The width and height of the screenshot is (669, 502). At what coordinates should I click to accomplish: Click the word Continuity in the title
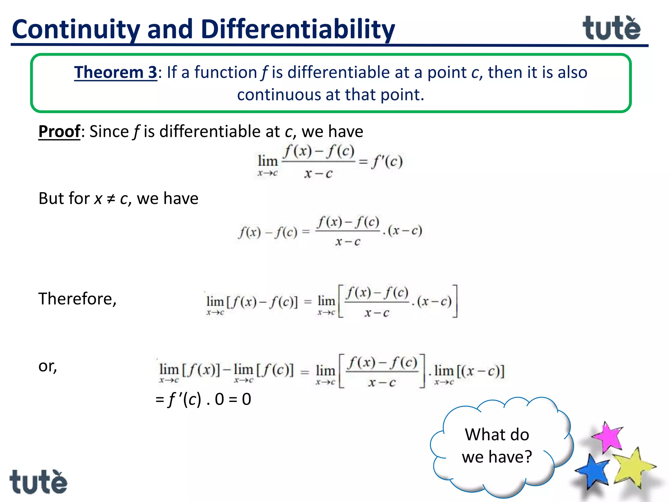coord(76,29)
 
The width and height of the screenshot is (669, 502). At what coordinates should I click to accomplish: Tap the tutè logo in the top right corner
coord(611,28)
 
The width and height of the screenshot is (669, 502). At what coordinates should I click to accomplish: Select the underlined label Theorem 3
coord(116,72)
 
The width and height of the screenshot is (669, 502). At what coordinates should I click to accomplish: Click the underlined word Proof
coord(59,131)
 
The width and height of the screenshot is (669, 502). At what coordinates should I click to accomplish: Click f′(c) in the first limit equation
coord(387,161)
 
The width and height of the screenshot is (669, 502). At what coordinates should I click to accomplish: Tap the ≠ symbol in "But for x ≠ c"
coord(111,199)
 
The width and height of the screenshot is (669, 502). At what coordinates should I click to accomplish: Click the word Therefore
coord(77,299)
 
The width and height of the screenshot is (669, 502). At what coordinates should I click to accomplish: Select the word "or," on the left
coord(48,366)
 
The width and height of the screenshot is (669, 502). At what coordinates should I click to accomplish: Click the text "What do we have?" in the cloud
coord(497,445)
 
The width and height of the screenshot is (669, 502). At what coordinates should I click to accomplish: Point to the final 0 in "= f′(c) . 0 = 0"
coord(246,399)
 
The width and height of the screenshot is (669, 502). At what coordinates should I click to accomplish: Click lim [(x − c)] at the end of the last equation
coord(469,373)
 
